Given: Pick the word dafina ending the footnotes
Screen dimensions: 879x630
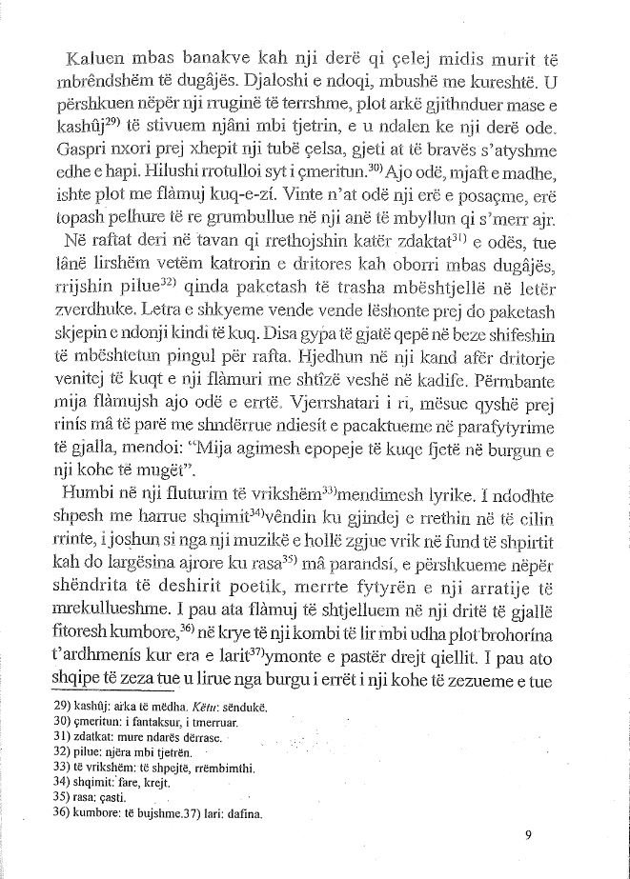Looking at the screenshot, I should click(x=243, y=816).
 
